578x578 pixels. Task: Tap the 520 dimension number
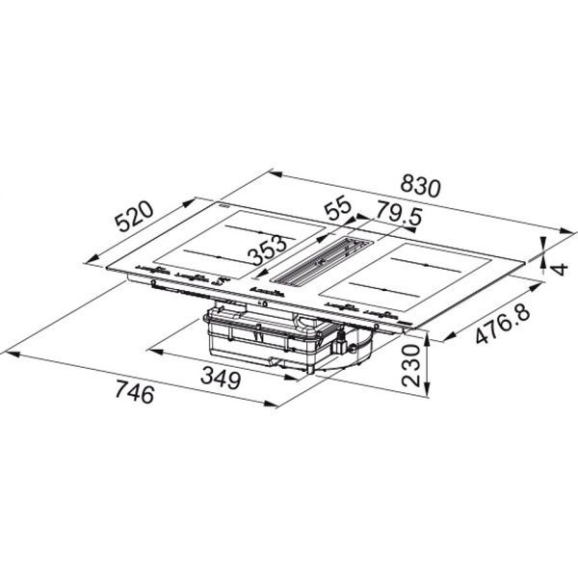(134, 217)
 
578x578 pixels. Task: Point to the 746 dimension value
(134, 392)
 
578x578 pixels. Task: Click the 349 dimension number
(221, 379)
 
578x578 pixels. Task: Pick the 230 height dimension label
(411, 365)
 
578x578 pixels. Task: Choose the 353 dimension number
(267, 250)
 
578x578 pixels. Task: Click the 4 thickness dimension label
(560, 269)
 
